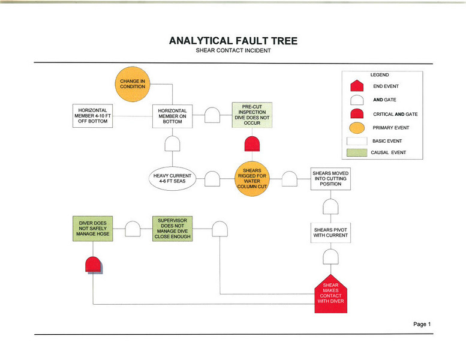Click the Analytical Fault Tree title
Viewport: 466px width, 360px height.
233,41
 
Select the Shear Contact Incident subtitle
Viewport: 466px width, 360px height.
233,50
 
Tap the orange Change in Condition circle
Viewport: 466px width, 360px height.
133,83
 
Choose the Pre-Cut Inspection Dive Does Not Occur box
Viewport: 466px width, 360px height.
252,115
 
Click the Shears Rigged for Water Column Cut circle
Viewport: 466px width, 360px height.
252,178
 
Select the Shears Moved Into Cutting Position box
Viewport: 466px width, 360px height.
330,178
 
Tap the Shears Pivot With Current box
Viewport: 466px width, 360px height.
330,232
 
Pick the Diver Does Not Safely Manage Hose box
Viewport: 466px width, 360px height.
92,229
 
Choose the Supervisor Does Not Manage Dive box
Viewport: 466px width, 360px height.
173,229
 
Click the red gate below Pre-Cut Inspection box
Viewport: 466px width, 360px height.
252,144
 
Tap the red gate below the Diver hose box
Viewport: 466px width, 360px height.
92,265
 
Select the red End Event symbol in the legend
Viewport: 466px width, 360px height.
356,86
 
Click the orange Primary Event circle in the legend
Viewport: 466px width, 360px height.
356,128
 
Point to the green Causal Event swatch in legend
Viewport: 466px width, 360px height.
356,153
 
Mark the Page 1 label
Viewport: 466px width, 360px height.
422,324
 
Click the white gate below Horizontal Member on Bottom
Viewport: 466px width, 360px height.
173,144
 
